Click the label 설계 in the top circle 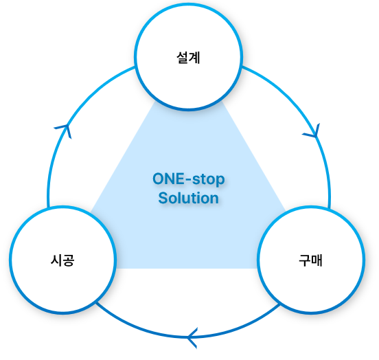(x=188, y=58)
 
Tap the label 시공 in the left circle (x=62, y=260)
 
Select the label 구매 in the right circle (x=310, y=260)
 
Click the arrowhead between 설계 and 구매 (x=313, y=132)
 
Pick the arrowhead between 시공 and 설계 (x=65, y=130)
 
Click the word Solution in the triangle (x=189, y=198)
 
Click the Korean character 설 (x=183, y=58)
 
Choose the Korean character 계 (x=194, y=58)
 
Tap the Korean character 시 (x=56, y=260)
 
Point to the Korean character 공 (x=69, y=260)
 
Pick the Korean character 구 (x=305, y=260)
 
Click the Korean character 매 (x=317, y=260)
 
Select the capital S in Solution (x=163, y=198)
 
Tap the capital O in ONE (x=159, y=179)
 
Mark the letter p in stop (x=220, y=181)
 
